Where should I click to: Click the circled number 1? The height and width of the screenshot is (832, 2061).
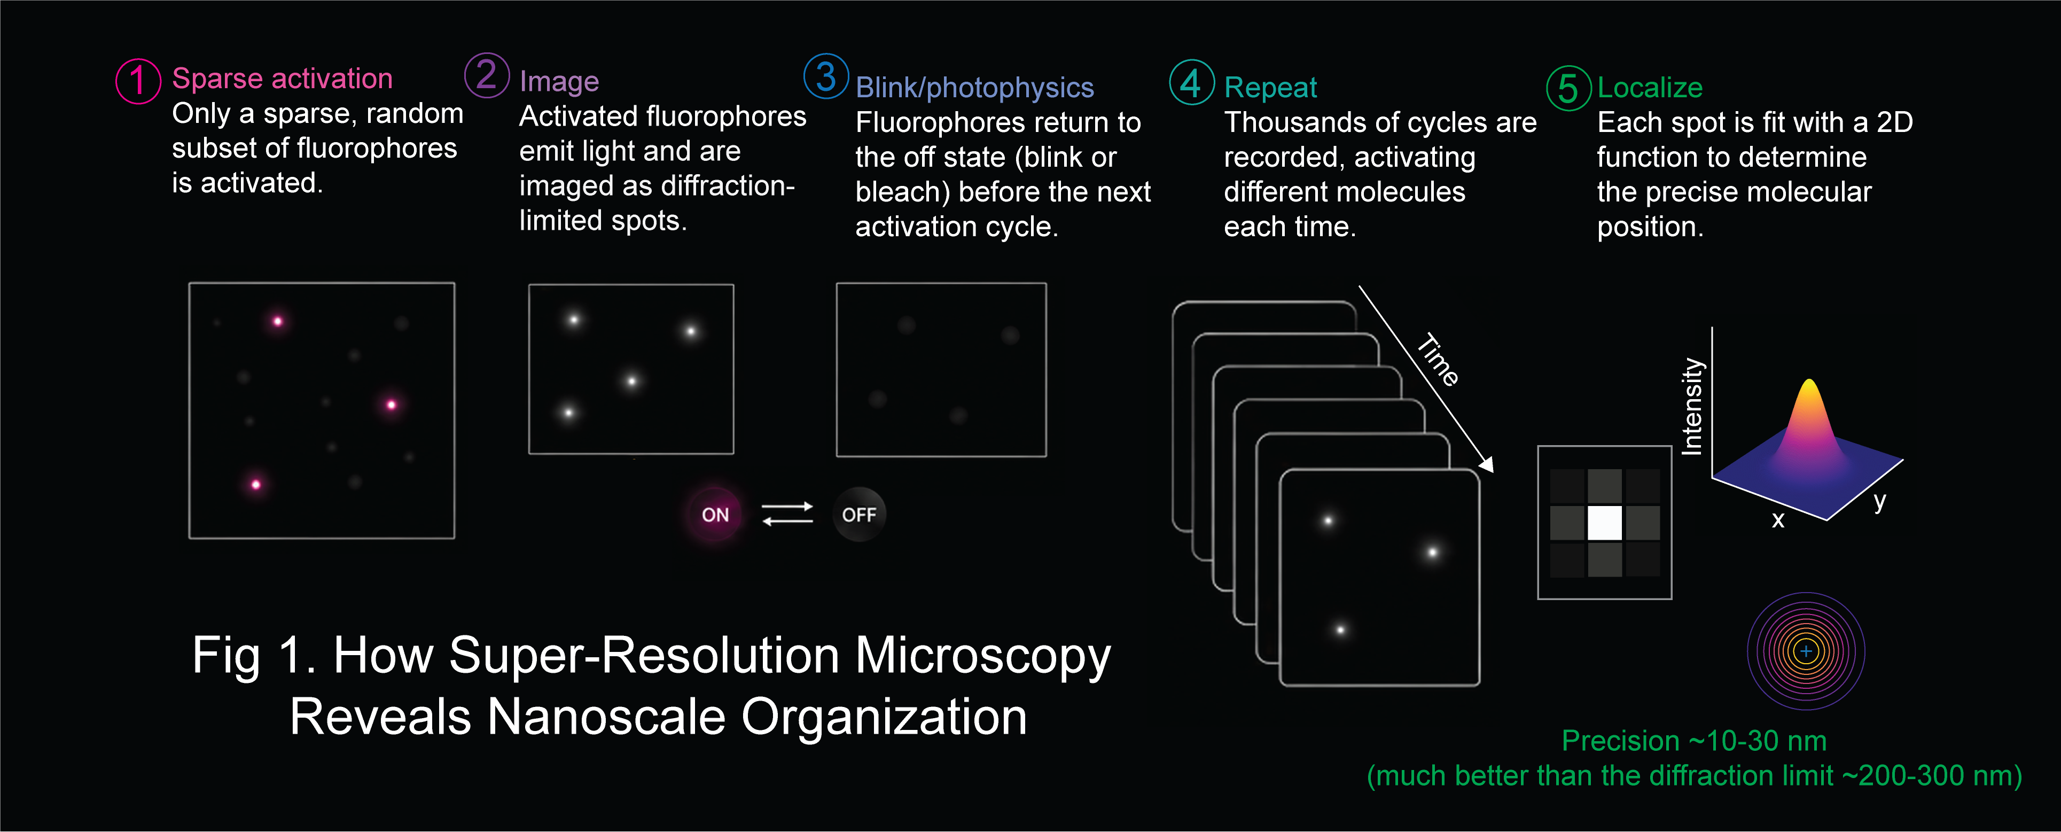point(138,81)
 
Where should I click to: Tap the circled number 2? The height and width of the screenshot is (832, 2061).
point(487,75)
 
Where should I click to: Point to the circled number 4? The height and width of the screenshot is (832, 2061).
point(1191,82)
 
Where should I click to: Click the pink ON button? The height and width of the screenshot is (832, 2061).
point(715,515)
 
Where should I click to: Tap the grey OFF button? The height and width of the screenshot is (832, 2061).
point(859,515)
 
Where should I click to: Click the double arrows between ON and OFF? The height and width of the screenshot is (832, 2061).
point(787,514)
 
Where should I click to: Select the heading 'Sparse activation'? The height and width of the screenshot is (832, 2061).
point(283,79)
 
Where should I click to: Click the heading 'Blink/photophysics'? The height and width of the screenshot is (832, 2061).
point(974,87)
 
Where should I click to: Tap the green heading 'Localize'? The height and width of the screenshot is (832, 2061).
point(1650,87)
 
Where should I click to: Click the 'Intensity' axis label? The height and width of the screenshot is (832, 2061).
point(1692,407)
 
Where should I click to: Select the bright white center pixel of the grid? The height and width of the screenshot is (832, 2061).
point(1604,523)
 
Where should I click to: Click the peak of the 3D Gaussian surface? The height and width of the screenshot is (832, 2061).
point(1809,382)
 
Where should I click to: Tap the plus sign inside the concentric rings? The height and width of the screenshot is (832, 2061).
point(1806,651)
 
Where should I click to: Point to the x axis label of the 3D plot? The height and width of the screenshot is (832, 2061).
point(1778,520)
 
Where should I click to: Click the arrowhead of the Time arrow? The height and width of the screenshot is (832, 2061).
point(1487,465)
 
